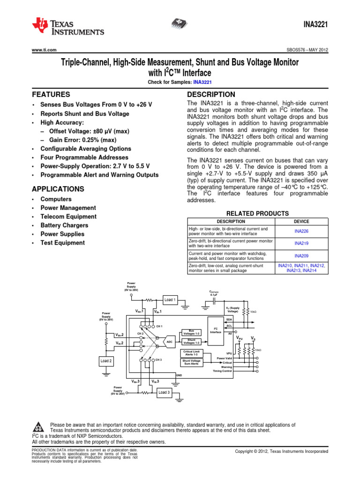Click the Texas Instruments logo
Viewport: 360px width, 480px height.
(x=68, y=27)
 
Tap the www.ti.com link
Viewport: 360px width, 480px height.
(x=44, y=50)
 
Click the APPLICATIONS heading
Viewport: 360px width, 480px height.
(x=58, y=189)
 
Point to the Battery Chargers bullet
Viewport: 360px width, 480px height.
(x=64, y=225)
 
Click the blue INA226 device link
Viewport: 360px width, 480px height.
(x=301, y=231)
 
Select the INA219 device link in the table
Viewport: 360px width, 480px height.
(x=301, y=243)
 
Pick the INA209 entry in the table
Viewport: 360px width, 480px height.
(x=301, y=256)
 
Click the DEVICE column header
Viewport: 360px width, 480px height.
(x=301, y=221)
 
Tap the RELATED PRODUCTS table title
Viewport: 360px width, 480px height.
(x=257, y=213)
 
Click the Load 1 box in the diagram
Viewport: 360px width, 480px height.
(x=170, y=300)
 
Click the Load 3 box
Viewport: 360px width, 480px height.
(x=164, y=392)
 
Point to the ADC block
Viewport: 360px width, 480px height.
(x=169, y=342)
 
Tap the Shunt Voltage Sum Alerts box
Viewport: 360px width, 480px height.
(x=191, y=361)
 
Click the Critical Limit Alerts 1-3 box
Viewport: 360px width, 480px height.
(x=191, y=353)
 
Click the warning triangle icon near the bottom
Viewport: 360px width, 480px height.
(x=38, y=427)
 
